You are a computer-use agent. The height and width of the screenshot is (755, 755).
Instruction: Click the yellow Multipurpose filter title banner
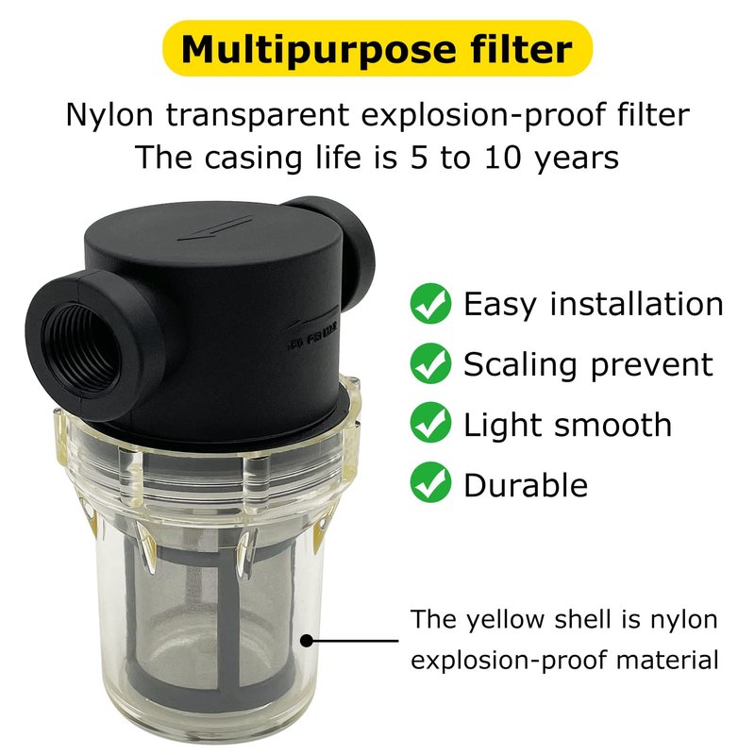pyautogui.click(x=377, y=48)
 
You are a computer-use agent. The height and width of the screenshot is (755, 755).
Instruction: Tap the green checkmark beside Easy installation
pyautogui.click(x=430, y=303)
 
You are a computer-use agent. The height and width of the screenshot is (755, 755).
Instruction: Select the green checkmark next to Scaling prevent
pyautogui.click(x=430, y=363)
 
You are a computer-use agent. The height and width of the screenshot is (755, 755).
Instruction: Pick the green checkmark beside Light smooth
pyautogui.click(x=430, y=424)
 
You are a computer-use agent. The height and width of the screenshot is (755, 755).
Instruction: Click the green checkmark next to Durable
pyautogui.click(x=430, y=483)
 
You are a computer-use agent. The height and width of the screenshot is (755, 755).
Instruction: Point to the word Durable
pyautogui.click(x=526, y=484)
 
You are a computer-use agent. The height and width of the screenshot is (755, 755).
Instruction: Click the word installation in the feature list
pyautogui.click(x=636, y=304)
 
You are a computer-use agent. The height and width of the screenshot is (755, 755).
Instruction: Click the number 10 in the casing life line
pyautogui.click(x=503, y=158)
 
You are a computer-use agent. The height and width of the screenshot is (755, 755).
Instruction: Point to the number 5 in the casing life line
pyautogui.click(x=419, y=158)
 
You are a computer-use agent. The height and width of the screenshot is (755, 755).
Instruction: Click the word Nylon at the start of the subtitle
pyautogui.click(x=109, y=116)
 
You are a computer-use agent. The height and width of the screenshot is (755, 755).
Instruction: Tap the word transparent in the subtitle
pyautogui.click(x=258, y=116)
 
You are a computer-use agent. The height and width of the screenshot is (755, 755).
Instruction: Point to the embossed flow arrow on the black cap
pyautogui.click(x=215, y=228)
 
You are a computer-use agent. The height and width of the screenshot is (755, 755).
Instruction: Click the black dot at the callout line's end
pyautogui.click(x=307, y=641)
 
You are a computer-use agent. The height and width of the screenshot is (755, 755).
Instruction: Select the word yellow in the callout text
pyautogui.click(x=505, y=620)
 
